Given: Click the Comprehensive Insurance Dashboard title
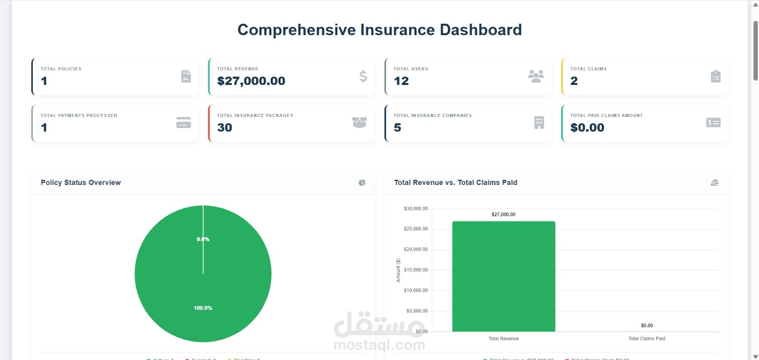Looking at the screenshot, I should [379, 30].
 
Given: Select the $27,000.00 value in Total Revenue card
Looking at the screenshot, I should [251, 81].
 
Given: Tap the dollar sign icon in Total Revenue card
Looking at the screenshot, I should [363, 76].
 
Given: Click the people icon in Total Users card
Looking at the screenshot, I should [536, 76].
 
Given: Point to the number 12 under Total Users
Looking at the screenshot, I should [401, 81].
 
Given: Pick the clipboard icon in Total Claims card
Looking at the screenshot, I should [715, 76].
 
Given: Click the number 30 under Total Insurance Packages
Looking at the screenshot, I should [224, 128].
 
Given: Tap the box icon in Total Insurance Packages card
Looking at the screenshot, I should [359, 122].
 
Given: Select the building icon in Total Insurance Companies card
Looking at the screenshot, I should [539, 122].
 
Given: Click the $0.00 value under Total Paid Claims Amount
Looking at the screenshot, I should [587, 128].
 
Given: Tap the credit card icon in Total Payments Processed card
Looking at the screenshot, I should [184, 122].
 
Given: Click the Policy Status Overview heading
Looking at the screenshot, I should [81, 183].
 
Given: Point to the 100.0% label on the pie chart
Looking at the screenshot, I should [203, 308].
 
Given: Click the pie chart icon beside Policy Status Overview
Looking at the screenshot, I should [362, 183].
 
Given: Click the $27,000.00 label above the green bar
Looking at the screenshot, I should [503, 214].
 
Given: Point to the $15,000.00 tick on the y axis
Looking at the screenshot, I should [416, 270].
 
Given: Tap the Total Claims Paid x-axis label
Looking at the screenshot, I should [647, 339].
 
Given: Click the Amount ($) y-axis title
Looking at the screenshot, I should [398, 270].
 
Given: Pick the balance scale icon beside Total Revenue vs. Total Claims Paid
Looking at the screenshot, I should [714, 183].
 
